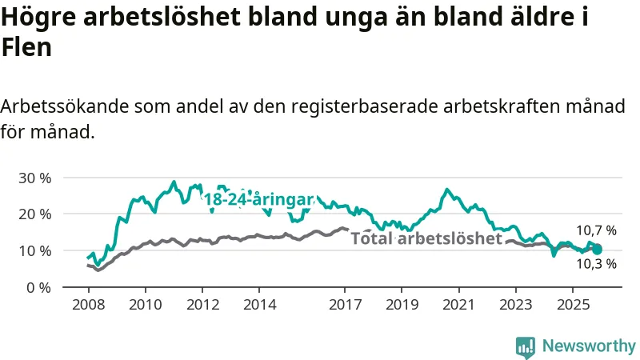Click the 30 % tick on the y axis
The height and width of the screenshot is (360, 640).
[34, 177]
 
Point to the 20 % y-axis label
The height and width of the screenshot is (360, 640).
[34, 214]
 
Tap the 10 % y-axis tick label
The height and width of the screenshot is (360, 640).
[34, 250]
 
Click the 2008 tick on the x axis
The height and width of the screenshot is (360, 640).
[87, 305]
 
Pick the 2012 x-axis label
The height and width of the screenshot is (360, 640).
[202, 305]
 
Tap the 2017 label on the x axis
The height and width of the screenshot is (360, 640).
[345, 305]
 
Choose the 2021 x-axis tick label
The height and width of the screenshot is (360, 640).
[459, 305]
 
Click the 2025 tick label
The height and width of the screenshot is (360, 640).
[574, 305]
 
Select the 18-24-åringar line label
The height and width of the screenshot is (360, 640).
[258, 200]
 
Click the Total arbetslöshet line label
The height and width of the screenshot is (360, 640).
[426, 238]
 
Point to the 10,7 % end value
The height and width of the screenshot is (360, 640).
[597, 230]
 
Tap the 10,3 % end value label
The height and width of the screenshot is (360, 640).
[597, 264]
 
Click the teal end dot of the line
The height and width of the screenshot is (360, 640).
[597, 250]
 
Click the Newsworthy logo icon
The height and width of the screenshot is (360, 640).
[526, 346]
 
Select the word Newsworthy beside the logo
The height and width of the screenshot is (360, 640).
[589, 346]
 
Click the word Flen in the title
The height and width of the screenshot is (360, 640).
[26, 47]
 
